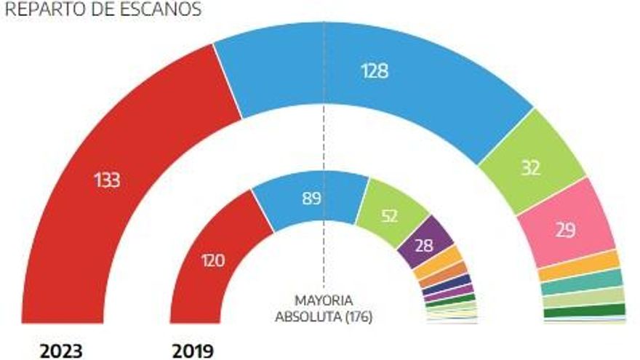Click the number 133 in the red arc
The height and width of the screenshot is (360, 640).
click(107, 180)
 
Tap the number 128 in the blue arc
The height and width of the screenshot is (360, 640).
click(375, 71)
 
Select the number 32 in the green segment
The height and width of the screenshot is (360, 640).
click(531, 168)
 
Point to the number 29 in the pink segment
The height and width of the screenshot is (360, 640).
click(566, 231)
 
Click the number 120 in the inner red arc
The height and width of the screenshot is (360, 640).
click(213, 260)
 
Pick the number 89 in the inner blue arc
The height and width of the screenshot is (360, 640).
click(312, 199)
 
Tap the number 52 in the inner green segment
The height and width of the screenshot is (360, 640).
click(389, 216)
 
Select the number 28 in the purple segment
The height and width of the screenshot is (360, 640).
click(424, 245)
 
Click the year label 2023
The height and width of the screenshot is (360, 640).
click(61, 351)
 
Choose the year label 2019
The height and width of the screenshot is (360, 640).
click(193, 351)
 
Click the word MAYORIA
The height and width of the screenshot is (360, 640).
click(324, 301)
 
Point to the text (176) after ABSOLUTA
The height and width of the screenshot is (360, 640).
click(359, 317)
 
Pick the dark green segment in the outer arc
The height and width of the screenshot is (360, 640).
click(585, 311)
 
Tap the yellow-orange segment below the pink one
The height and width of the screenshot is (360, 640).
click(580, 265)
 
